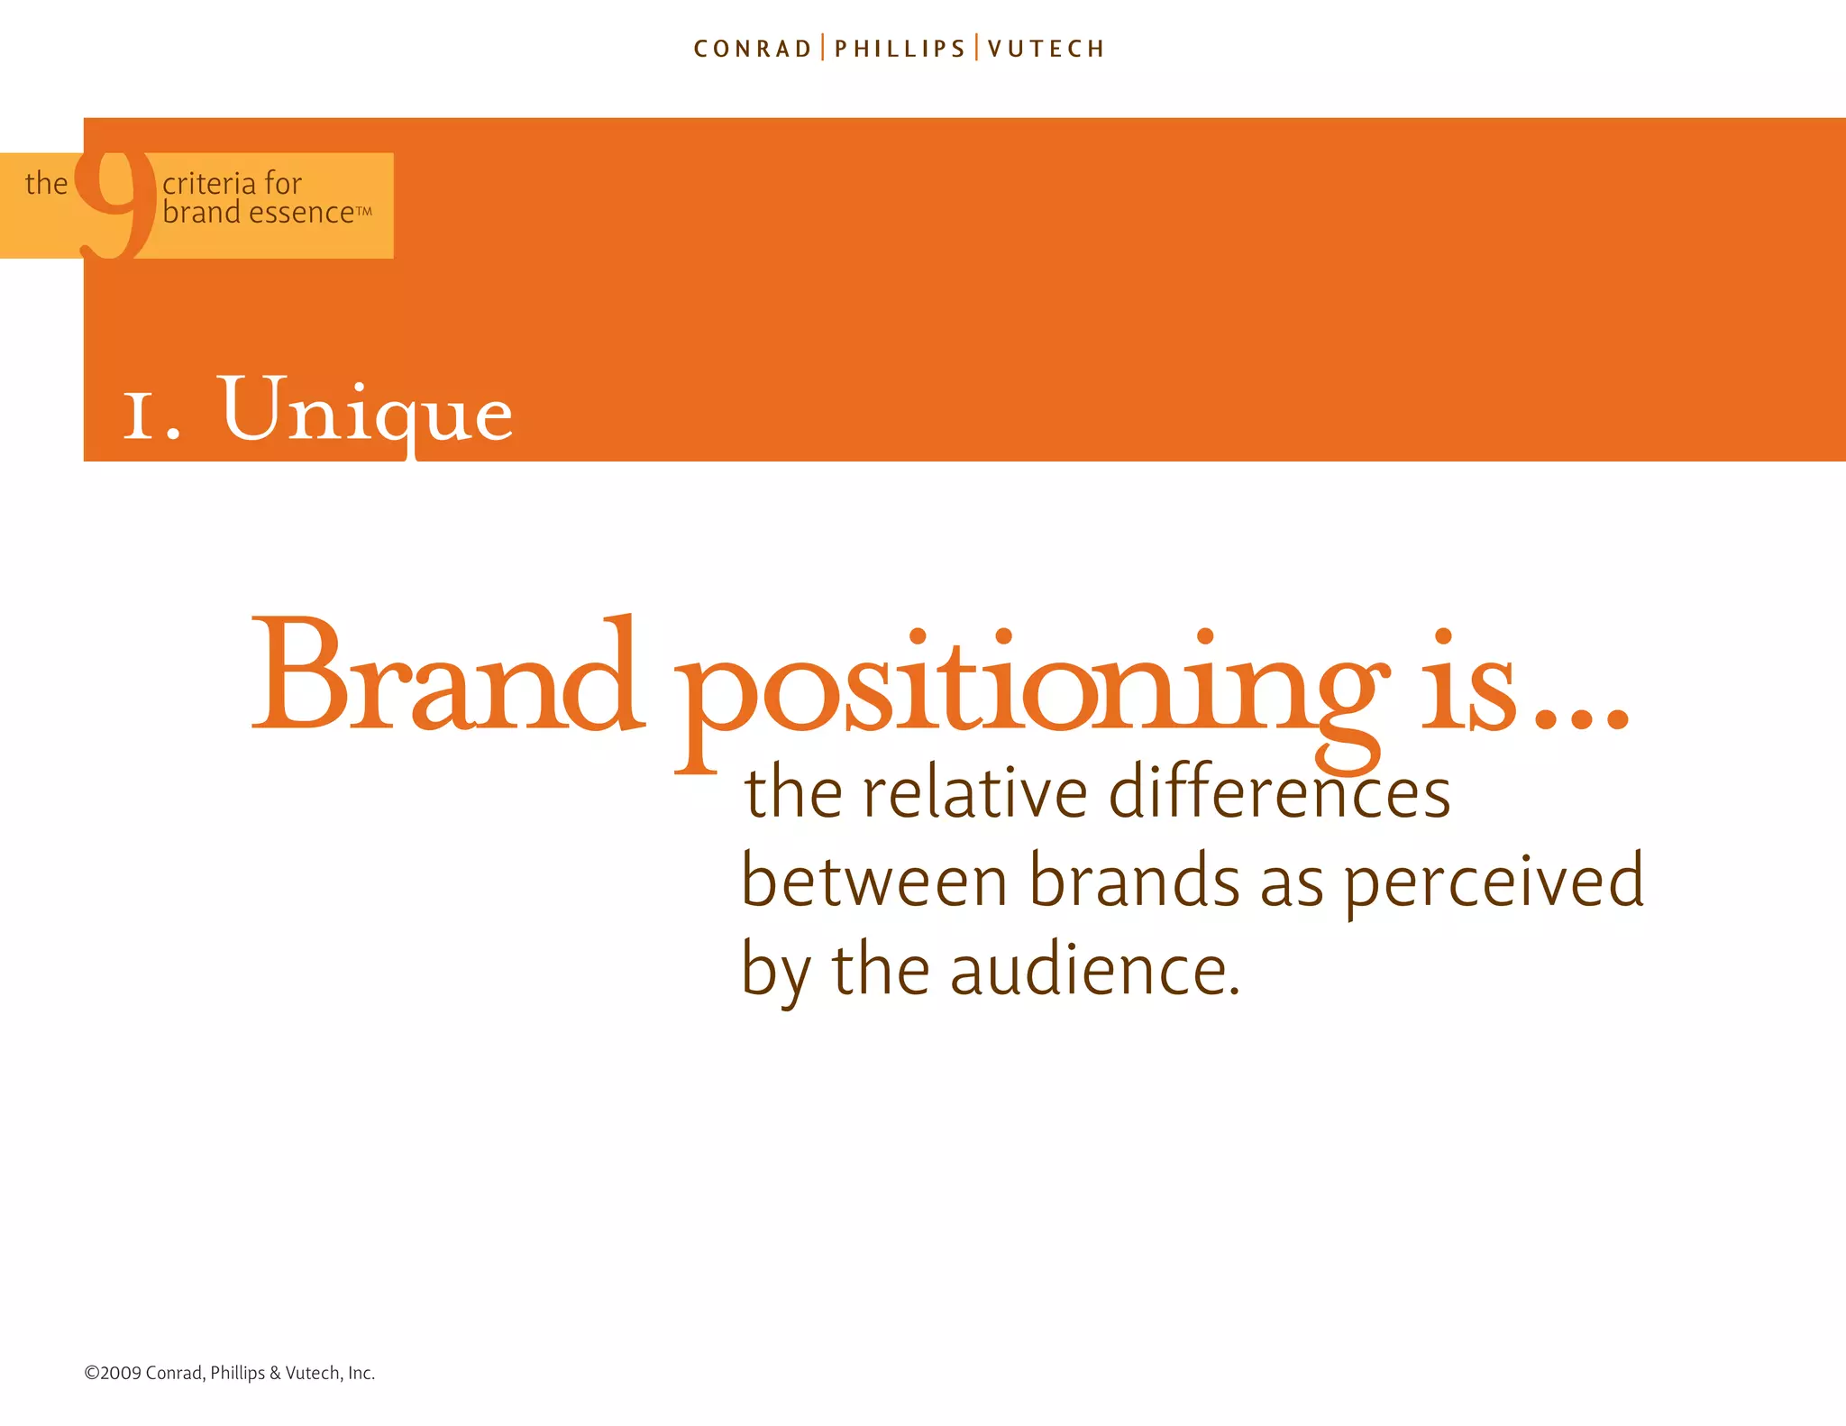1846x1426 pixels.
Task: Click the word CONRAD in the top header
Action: pos(753,49)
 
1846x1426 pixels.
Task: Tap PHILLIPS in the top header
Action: pos(900,49)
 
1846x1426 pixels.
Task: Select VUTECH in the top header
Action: pos(1046,49)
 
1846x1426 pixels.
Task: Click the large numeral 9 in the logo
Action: pos(115,203)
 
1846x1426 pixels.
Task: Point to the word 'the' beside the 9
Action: pos(46,184)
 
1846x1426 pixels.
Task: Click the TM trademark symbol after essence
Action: pos(363,211)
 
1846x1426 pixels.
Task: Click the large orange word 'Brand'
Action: pos(447,676)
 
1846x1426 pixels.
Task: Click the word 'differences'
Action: pos(1279,793)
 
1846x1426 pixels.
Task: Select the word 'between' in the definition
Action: pos(873,882)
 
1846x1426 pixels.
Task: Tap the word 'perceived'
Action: pos(1494,882)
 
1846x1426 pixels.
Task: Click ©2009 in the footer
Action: pos(113,1373)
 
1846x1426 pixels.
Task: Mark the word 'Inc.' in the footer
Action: pos(361,1373)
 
